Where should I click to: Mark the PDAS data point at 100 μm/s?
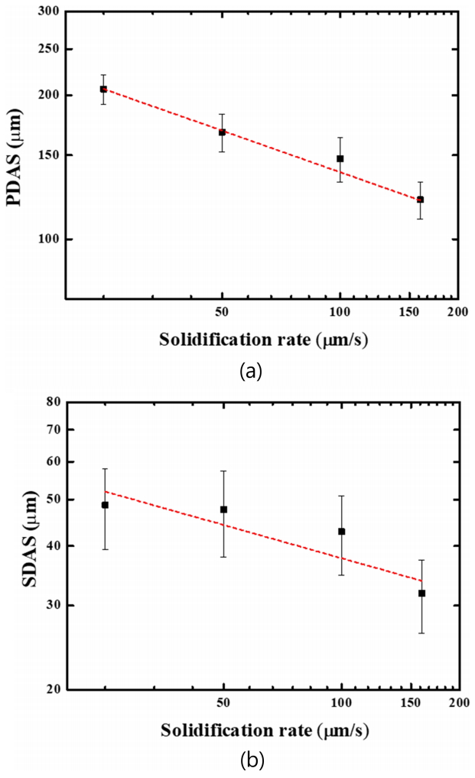click(x=340, y=159)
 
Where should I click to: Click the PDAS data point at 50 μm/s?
click(x=222, y=132)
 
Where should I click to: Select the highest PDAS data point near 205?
click(x=103, y=90)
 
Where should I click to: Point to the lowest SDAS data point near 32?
click(x=421, y=594)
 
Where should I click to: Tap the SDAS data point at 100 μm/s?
click(x=341, y=532)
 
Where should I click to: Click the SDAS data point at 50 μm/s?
click(x=223, y=509)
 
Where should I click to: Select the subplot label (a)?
click(x=251, y=372)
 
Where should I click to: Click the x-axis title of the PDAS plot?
click(x=264, y=340)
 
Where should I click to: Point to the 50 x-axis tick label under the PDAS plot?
click(x=222, y=312)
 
